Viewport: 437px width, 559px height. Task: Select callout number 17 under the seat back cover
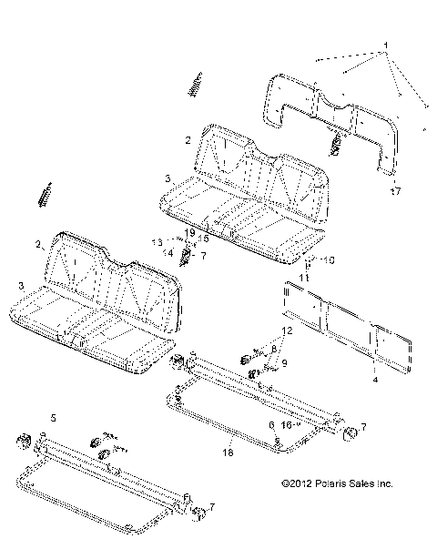[x=394, y=192]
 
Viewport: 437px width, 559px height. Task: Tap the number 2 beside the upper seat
[x=187, y=140]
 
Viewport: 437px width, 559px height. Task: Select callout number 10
[x=331, y=259]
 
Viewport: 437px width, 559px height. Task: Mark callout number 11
[x=308, y=275]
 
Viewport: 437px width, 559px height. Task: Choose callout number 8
[x=274, y=348]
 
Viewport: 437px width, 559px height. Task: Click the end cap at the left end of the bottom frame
[x=20, y=443]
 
